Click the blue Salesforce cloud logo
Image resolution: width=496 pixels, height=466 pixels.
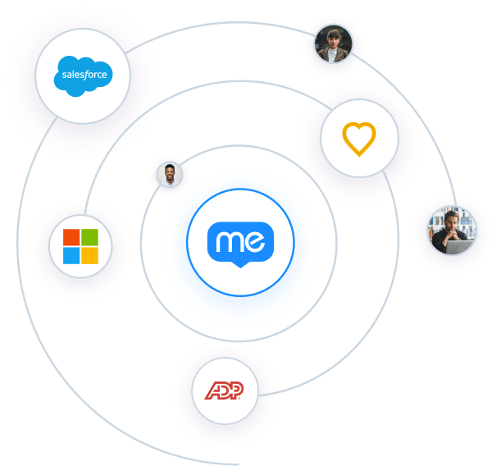tap(82, 75)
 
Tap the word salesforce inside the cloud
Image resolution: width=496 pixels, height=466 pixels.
tap(82, 76)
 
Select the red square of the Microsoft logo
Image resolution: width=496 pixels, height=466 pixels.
tap(71, 237)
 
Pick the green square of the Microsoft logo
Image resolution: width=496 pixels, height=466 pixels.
tap(90, 237)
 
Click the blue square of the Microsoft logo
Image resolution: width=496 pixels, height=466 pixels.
tap(71, 255)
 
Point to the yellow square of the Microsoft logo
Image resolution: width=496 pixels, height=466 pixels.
tap(90, 255)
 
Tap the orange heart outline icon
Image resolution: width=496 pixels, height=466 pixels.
tap(359, 139)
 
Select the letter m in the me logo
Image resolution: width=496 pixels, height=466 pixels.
tap(228, 241)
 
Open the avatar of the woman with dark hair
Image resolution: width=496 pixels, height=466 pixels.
tap(331, 45)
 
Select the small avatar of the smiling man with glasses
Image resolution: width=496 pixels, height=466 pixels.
tap(170, 175)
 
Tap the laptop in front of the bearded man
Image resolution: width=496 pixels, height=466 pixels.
tap(458, 244)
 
